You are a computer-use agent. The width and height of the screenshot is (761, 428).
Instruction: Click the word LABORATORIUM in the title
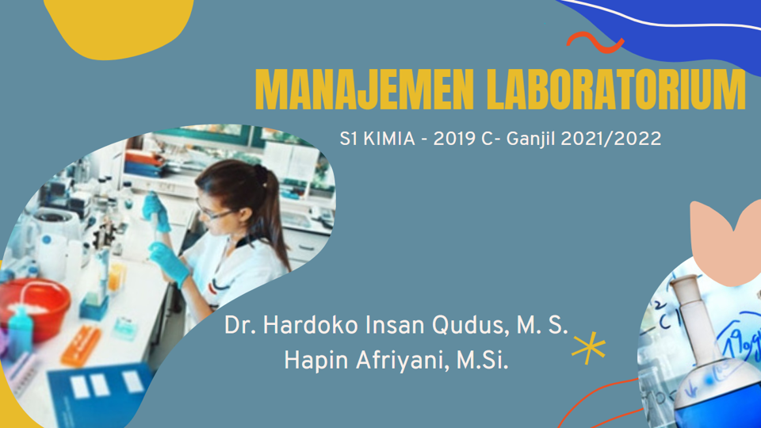[x=615, y=89]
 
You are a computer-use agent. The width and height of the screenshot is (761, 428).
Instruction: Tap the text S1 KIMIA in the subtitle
[x=377, y=139]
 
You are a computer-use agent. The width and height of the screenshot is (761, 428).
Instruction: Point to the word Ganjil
[x=534, y=139]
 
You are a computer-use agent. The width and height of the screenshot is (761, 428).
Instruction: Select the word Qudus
[x=449, y=326]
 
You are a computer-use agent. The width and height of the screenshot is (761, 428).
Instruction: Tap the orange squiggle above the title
[x=595, y=42]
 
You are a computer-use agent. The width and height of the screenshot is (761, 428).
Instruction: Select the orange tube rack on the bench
[x=82, y=346]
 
